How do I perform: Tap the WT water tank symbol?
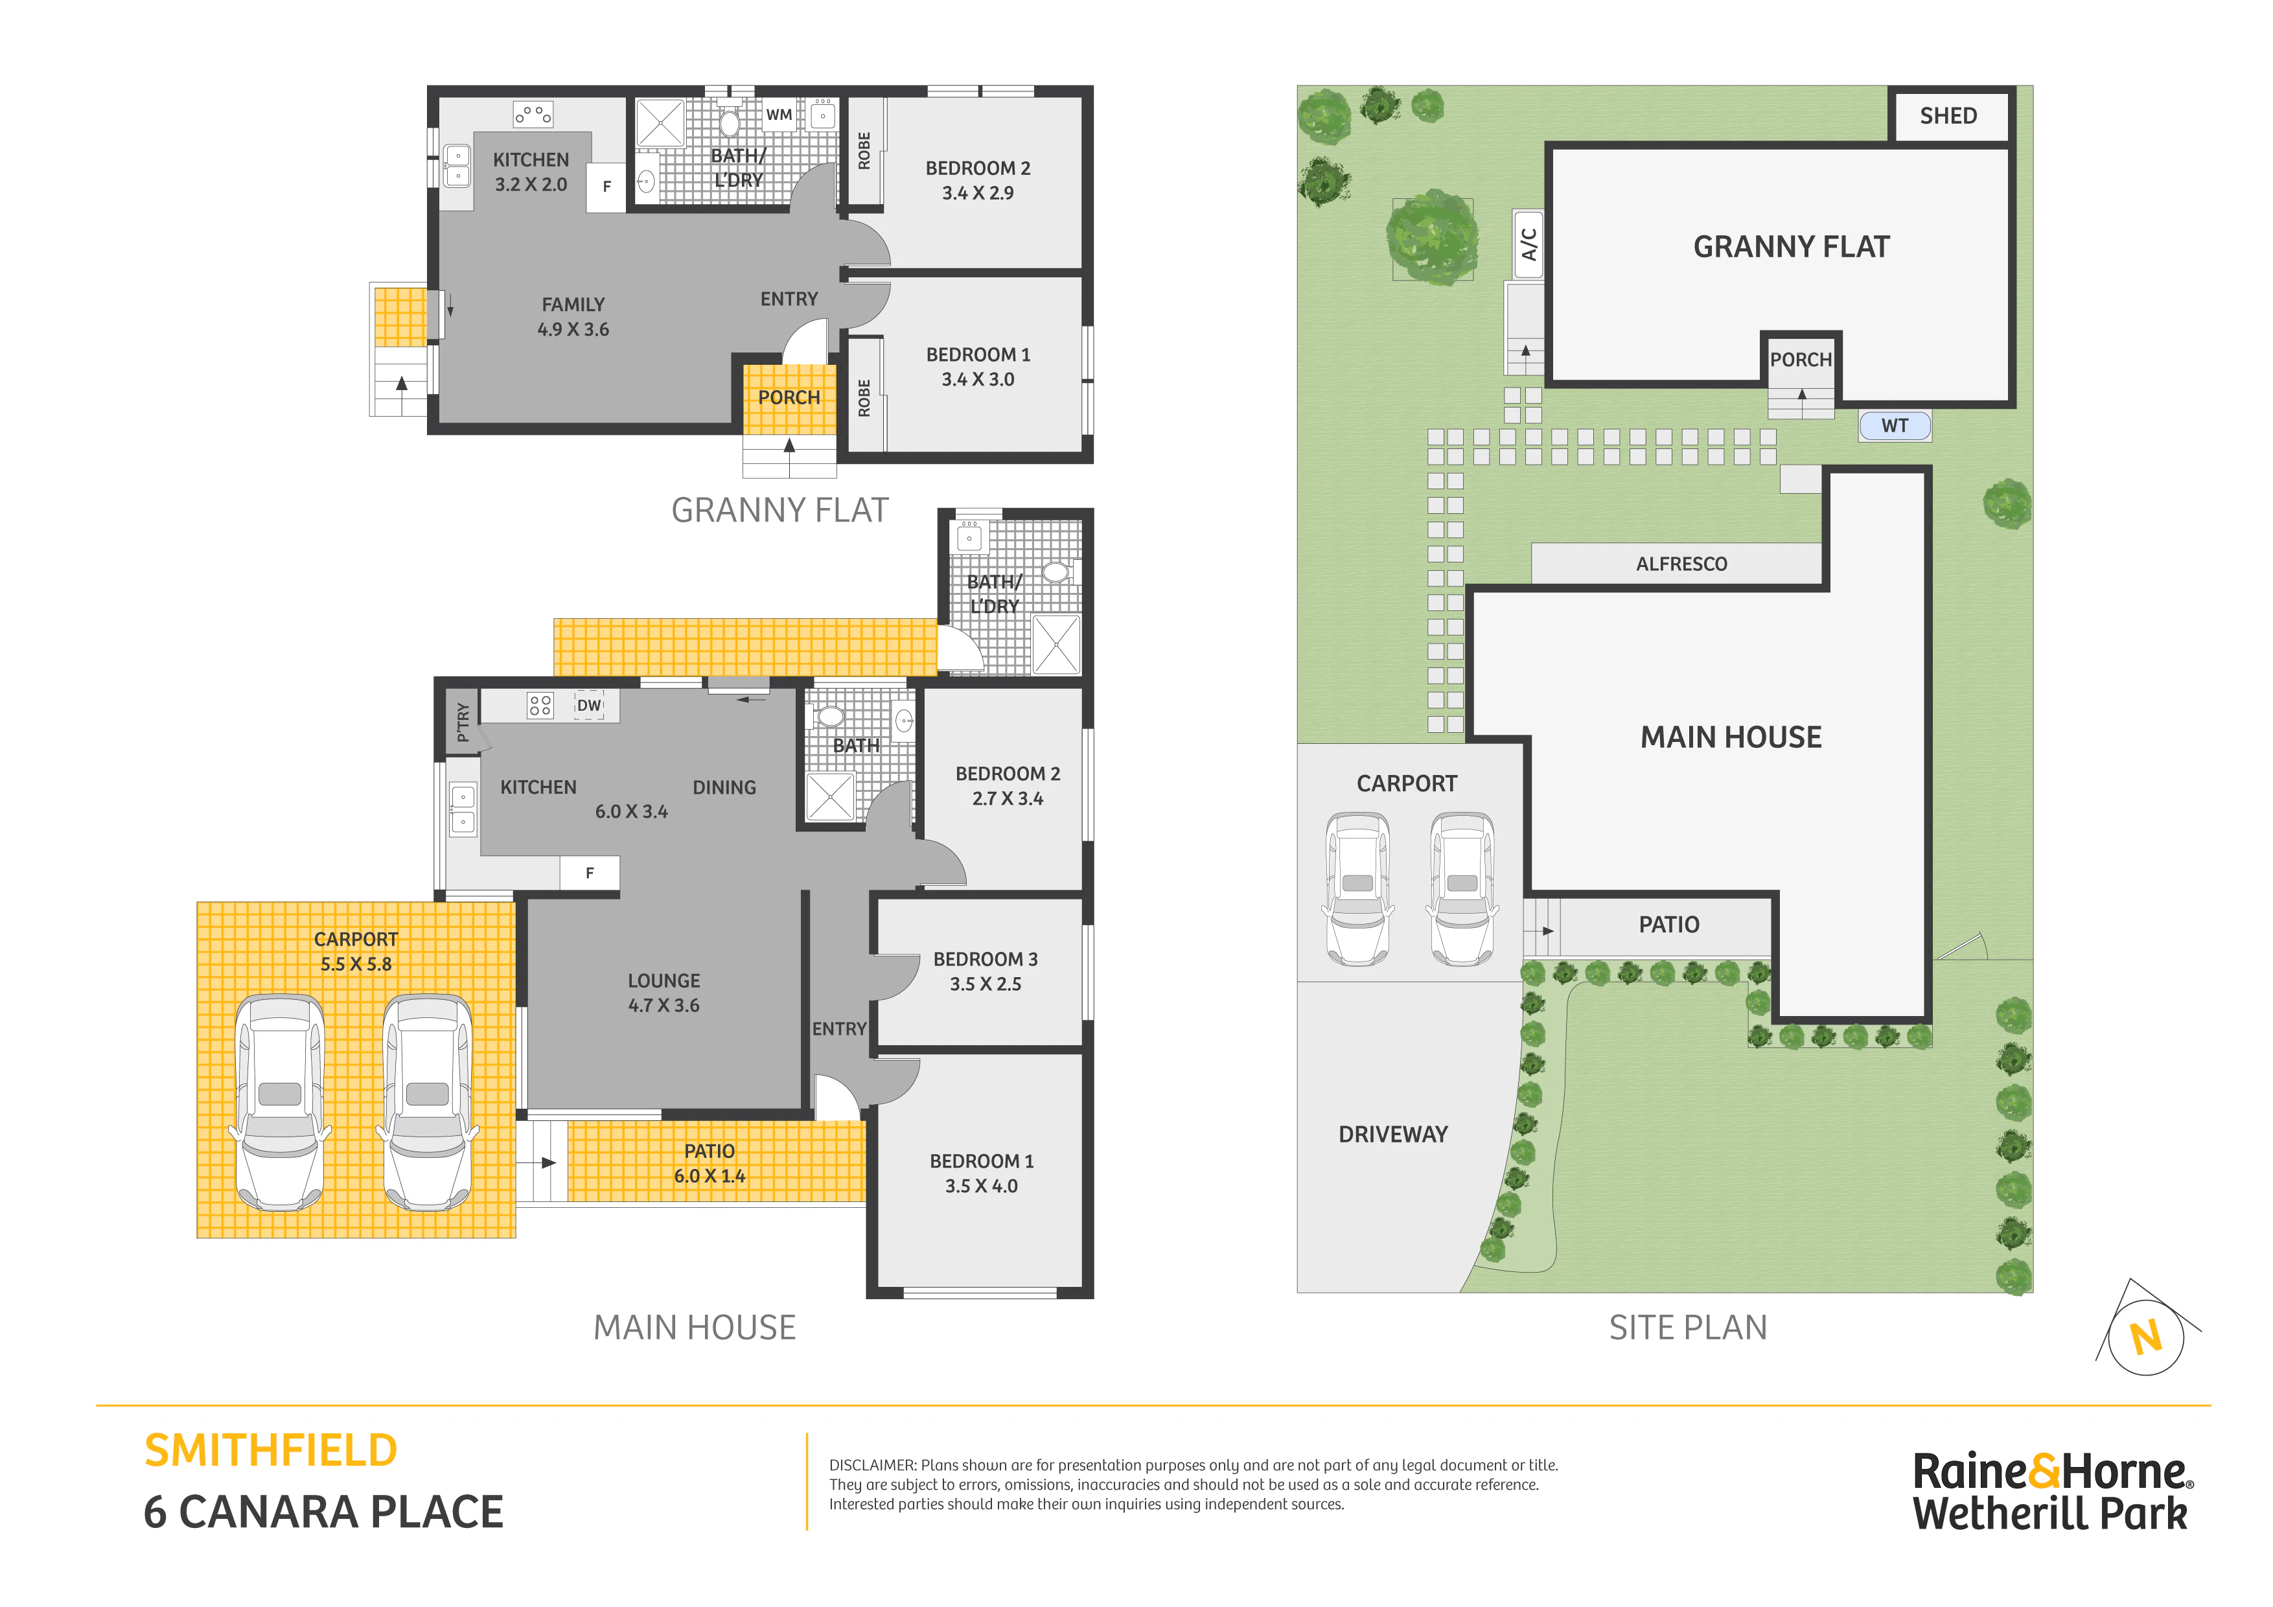point(1894,426)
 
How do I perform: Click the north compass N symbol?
point(2146,1337)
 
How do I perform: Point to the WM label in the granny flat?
point(779,115)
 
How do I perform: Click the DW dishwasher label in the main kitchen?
point(589,705)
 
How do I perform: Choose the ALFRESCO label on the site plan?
point(1681,563)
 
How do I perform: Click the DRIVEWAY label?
point(1393,1134)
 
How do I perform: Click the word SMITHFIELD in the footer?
point(270,1451)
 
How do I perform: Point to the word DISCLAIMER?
point(872,1465)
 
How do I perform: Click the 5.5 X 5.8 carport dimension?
point(356,964)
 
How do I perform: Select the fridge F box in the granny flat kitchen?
point(607,186)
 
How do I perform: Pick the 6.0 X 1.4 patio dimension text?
point(709,1175)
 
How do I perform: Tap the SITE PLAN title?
point(1688,1328)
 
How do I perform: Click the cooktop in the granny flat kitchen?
point(533,115)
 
